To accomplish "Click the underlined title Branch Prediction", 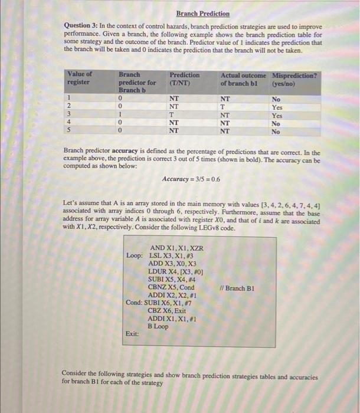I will [203, 14].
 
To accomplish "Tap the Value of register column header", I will [80, 78].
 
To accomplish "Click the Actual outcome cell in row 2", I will [224, 107].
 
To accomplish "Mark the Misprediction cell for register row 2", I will [276, 107].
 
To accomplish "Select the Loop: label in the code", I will [135, 255].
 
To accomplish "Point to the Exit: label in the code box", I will [133, 333].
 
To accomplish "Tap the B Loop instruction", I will [158, 326].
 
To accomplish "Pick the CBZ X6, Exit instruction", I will [166, 311].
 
